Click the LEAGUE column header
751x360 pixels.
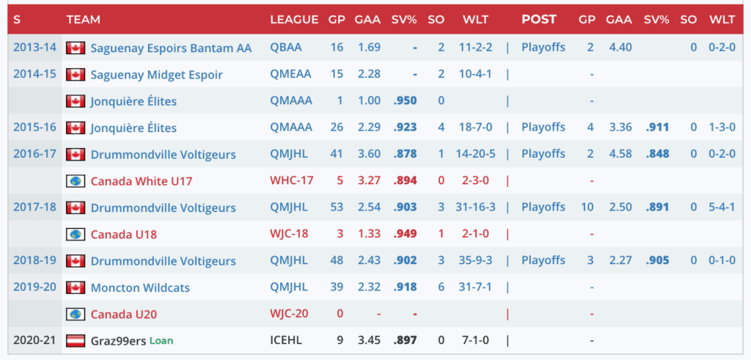293,20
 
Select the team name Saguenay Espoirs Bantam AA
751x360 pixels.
171,48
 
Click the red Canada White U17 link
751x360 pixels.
141,180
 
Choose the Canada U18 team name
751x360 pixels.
124,235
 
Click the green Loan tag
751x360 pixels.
161,341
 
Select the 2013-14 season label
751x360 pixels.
34,48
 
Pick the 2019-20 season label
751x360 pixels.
34,287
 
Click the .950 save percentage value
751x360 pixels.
405,101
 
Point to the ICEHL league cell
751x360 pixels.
285,341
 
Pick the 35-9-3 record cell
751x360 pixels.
475,261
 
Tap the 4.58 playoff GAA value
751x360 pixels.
619,154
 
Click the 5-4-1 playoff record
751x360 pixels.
722,207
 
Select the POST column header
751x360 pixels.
539,20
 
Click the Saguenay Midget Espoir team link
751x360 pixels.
156,75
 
